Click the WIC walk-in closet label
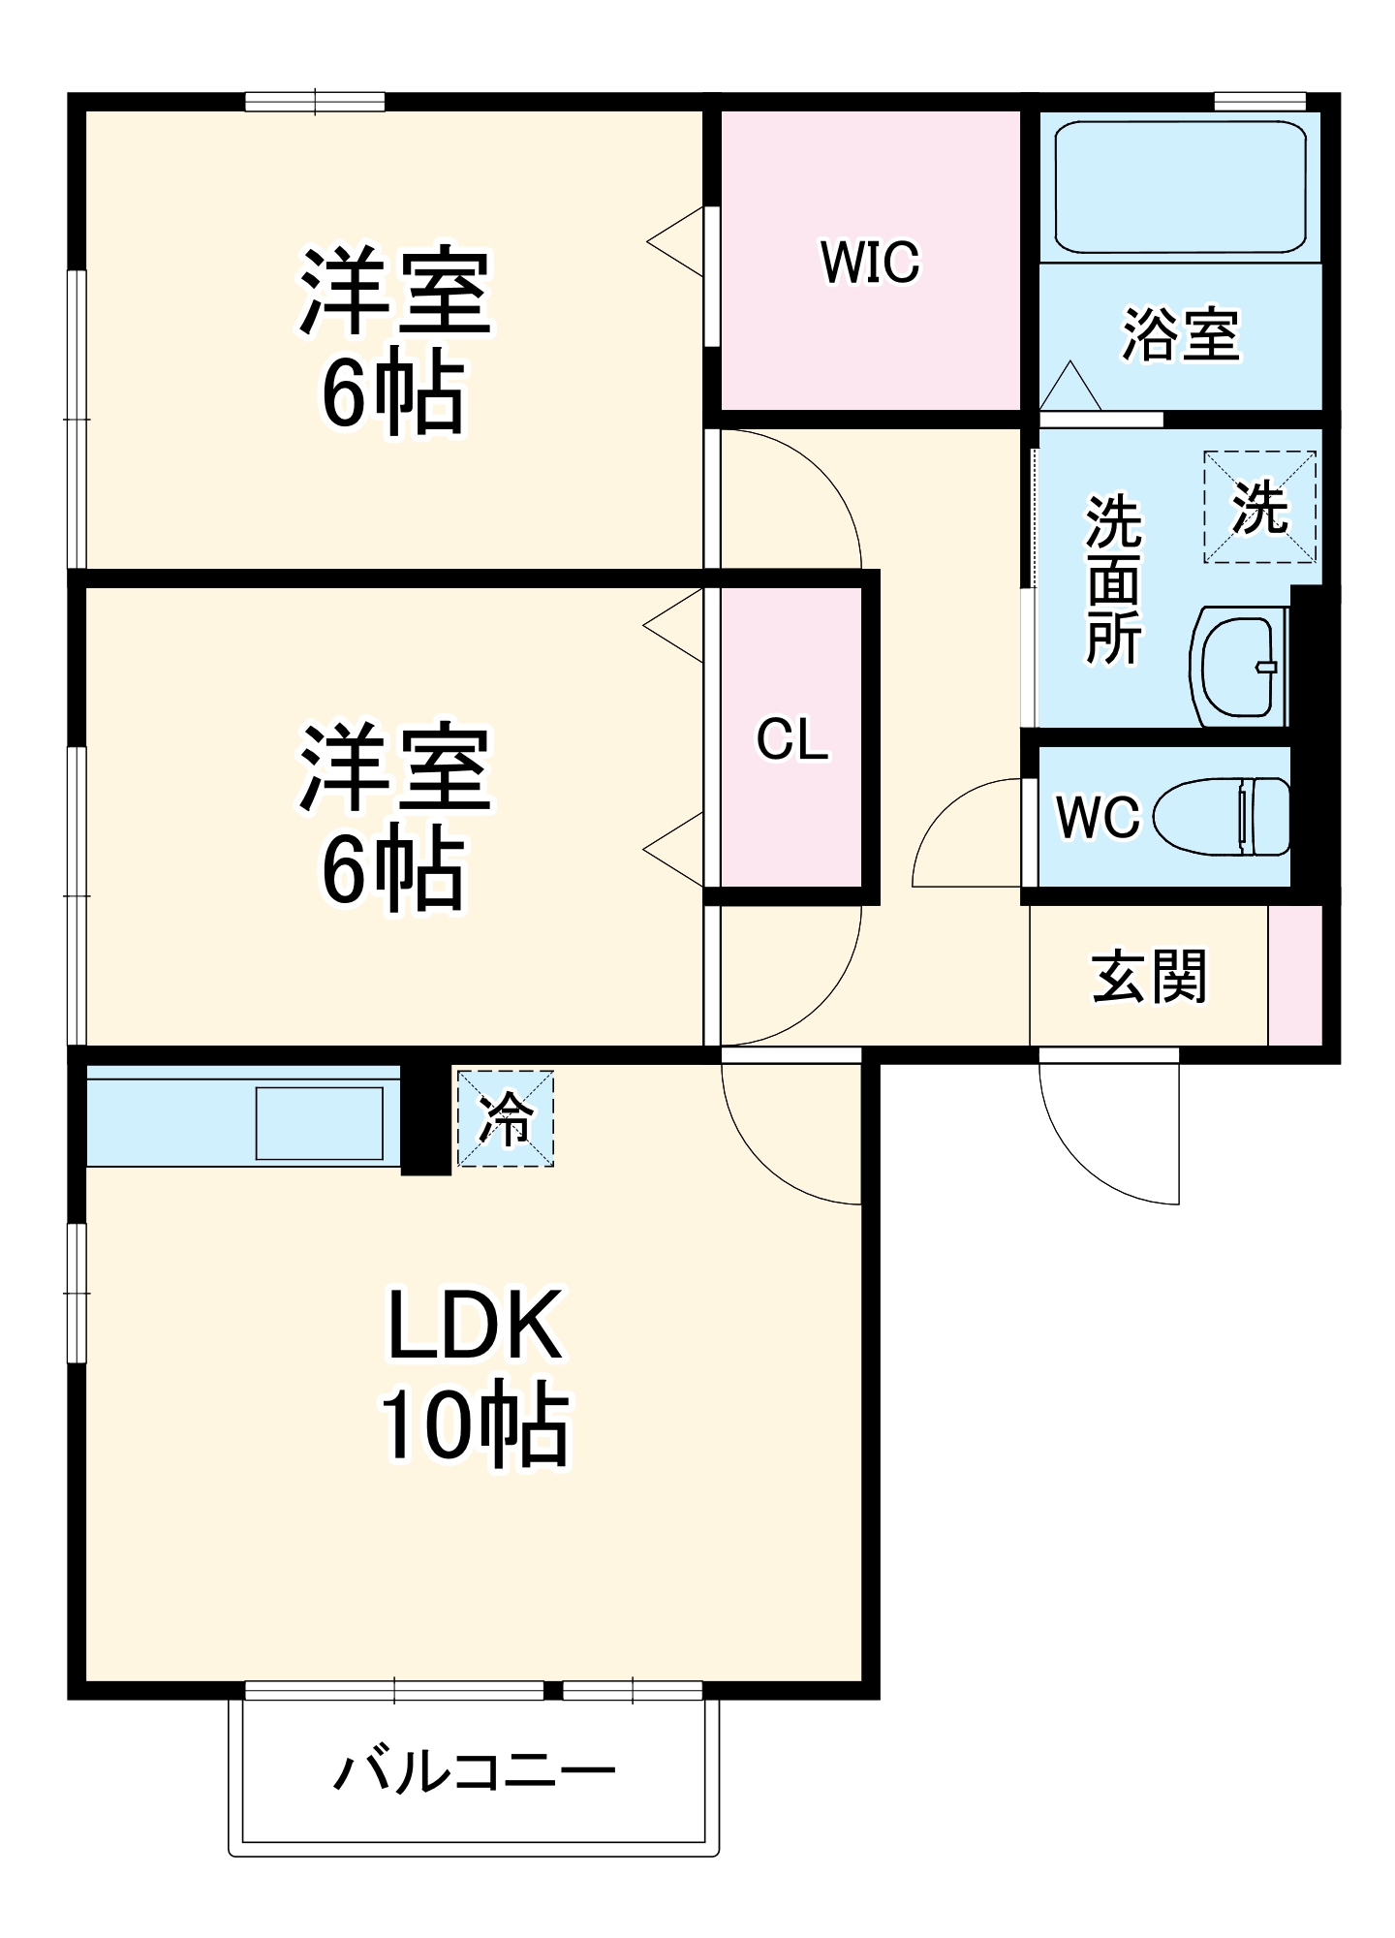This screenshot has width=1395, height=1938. tap(869, 262)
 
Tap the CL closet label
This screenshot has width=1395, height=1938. tap(791, 740)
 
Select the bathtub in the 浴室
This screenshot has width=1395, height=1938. tap(1179, 186)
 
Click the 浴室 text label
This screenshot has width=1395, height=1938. tap(1180, 335)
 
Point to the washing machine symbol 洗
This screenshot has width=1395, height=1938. tap(1259, 507)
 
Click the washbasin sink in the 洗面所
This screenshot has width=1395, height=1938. tap(1238, 667)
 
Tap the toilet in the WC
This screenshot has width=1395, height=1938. tap(1224, 816)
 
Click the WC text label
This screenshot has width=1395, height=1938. tap(1098, 817)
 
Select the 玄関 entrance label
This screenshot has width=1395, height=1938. tap(1149, 976)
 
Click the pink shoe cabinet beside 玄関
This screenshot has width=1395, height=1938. tap(1295, 976)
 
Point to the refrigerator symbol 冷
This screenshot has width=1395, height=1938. tap(505, 1118)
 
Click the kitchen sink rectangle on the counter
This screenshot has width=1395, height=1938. tap(319, 1122)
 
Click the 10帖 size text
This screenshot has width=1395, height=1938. tap(474, 1423)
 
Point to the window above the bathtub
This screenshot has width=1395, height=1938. tap(1259, 101)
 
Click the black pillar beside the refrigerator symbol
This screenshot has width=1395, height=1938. tap(425, 1119)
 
